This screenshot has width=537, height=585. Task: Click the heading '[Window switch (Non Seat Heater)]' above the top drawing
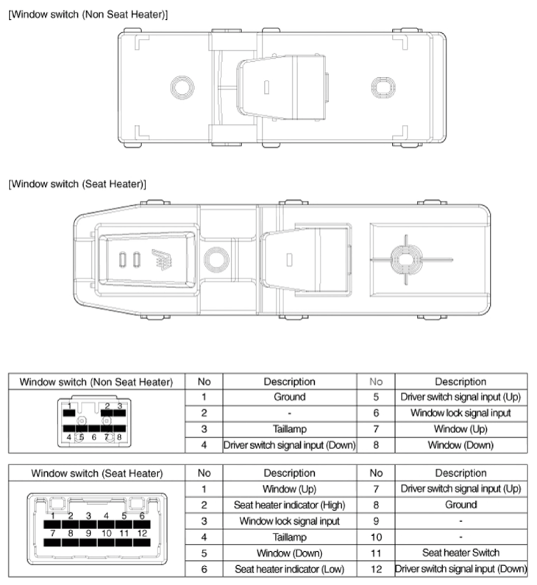tap(88, 15)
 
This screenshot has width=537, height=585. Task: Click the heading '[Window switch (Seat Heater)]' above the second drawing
tap(77, 184)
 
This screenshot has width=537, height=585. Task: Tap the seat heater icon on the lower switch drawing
tap(162, 259)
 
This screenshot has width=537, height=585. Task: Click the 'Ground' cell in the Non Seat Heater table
tap(289, 397)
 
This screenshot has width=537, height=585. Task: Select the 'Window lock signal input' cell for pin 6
tap(460, 413)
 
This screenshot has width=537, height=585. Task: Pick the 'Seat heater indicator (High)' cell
tap(289, 505)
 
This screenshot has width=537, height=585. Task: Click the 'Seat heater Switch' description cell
tap(460, 553)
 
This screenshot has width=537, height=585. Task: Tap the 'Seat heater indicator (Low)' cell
tap(289, 569)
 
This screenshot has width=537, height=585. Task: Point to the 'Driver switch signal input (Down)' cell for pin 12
tap(460, 569)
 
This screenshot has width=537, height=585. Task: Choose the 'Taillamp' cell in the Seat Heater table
tap(289, 537)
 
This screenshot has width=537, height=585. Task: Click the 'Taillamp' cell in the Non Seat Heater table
tap(289, 429)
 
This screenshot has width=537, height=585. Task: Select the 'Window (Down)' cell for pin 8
tap(460, 445)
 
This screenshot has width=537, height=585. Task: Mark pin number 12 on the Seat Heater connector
tap(142, 534)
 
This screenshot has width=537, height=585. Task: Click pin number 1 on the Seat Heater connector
tap(53, 516)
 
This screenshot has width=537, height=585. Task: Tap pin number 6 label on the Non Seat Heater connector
tap(93, 437)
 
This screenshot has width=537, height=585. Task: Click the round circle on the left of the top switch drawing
tap(182, 87)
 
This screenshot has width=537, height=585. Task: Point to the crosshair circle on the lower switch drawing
tap(406, 259)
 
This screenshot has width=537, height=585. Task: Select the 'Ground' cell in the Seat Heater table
tap(460, 505)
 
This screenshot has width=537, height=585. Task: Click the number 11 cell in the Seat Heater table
tap(376, 553)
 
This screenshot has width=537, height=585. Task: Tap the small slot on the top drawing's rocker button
tap(266, 87)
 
